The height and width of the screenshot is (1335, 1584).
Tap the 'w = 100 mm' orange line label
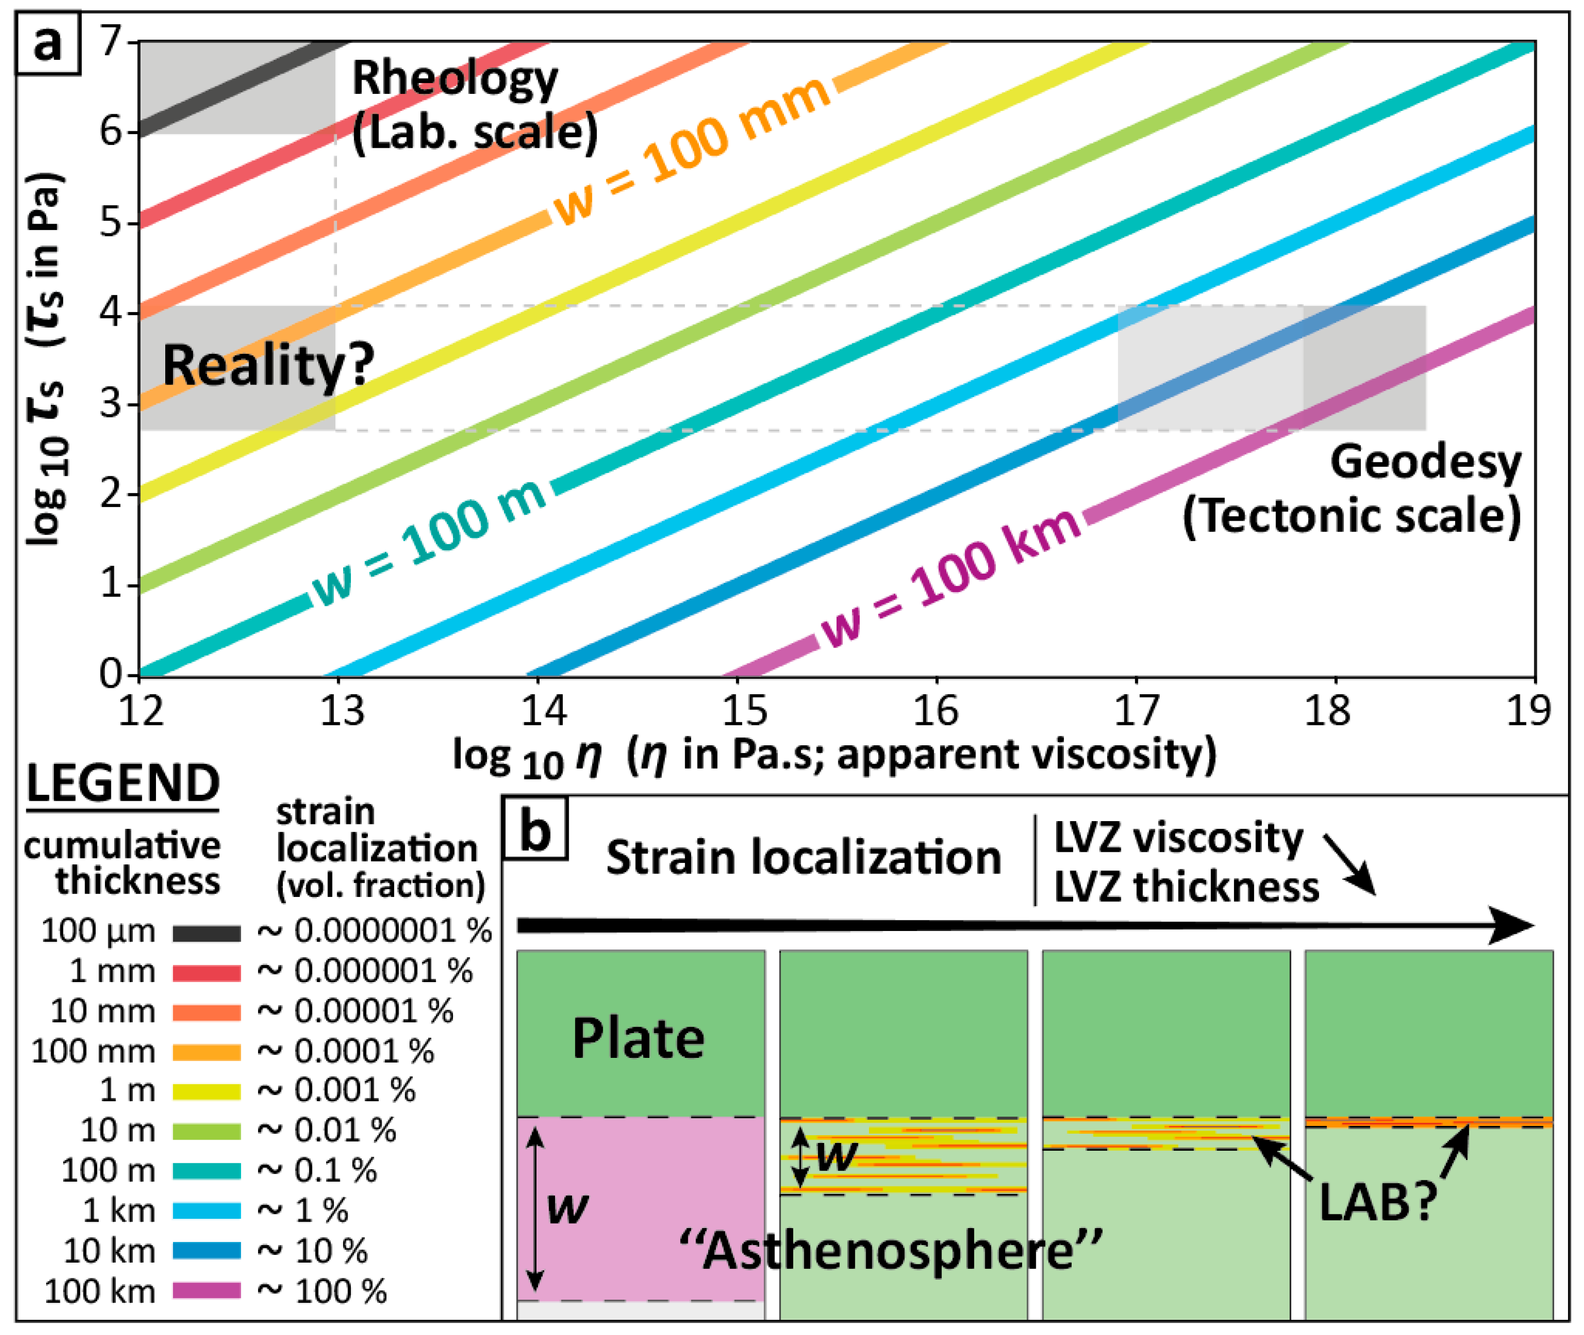[x=692, y=151]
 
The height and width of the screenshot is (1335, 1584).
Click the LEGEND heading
[x=122, y=784]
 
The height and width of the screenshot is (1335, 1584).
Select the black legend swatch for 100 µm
[x=207, y=933]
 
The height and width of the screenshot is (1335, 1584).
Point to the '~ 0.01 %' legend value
[x=326, y=1131]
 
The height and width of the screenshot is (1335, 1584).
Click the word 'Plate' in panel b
[x=639, y=1038]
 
